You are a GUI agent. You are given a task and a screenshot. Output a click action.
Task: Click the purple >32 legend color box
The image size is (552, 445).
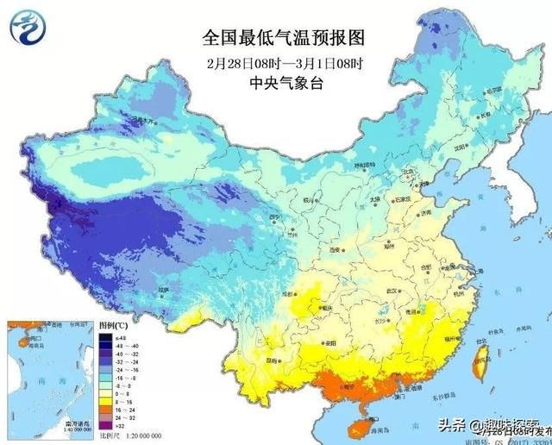tap(105, 423)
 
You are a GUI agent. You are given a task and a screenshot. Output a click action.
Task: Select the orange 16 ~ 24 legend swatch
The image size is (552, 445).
tap(105, 405)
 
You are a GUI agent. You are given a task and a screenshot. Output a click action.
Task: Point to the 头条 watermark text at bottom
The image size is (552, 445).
tap(431, 424)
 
